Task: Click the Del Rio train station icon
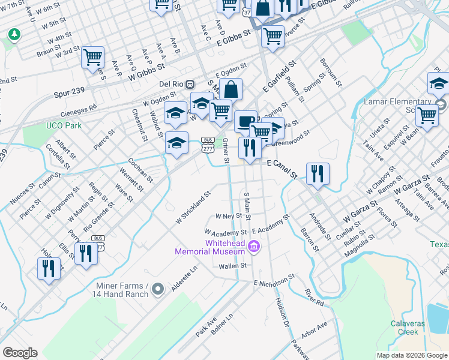coord(190,84)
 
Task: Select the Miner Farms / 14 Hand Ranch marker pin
coord(158,290)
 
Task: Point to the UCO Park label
coord(64,125)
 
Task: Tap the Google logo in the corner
coord(20,353)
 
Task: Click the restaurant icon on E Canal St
coord(318,174)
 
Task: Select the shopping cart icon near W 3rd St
coord(92,58)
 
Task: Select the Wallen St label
coord(233,266)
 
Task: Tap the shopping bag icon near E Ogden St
coord(231,89)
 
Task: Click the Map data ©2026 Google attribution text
coord(412,355)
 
